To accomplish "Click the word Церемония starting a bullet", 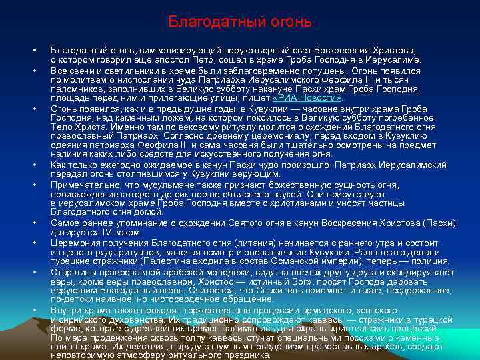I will pyautogui.click(x=77, y=243).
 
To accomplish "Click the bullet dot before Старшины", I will pyautogui.click(x=31, y=273).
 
